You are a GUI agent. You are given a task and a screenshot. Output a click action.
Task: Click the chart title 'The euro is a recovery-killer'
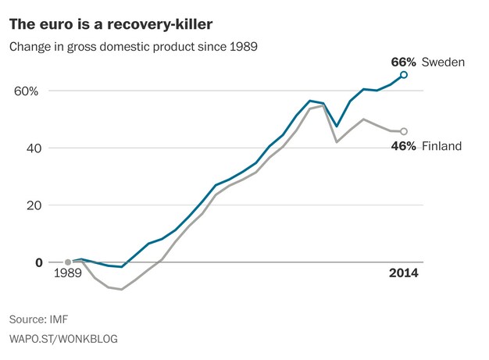click(111, 25)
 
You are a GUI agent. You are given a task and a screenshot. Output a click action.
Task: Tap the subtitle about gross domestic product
click(134, 47)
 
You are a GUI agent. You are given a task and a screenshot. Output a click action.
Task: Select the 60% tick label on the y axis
click(27, 91)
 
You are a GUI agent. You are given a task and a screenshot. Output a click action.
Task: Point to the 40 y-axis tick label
click(34, 148)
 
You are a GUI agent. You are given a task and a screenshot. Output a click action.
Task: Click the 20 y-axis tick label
click(34, 205)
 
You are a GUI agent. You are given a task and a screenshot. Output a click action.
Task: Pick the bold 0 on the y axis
click(39, 262)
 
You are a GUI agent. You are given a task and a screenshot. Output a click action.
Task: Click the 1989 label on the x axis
click(68, 273)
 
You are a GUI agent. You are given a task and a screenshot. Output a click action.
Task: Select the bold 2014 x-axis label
click(404, 273)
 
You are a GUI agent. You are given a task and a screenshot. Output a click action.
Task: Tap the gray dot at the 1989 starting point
click(68, 262)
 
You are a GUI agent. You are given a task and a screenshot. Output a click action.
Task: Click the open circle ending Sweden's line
click(404, 75)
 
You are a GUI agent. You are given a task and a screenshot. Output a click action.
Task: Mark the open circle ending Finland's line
click(404, 131)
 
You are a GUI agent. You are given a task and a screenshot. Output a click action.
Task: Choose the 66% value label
click(404, 62)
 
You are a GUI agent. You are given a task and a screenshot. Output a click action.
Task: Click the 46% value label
click(404, 146)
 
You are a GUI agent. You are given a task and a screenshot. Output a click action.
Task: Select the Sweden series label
click(443, 62)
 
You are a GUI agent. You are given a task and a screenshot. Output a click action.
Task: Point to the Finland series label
click(441, 146)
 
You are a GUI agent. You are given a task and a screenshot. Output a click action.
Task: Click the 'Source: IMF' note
click(39, 319)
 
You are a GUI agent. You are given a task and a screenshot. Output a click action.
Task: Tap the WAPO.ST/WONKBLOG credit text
click(63, 339)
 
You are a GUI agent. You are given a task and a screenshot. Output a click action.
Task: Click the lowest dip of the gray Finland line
click(121, 290)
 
